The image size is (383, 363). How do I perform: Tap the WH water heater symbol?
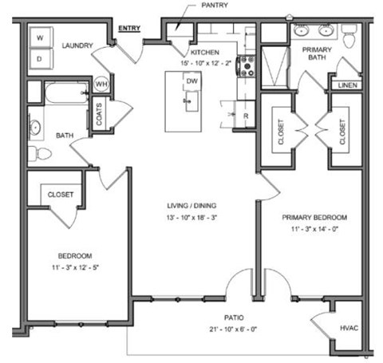pos(102,84)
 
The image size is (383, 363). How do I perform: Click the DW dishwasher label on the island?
pos(191,81)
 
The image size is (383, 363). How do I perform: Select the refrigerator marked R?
pos(245,116)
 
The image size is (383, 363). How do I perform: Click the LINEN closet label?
pos(347,85)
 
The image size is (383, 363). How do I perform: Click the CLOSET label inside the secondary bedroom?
pos(61,194)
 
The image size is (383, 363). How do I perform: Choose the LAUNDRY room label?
pos(77,45)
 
